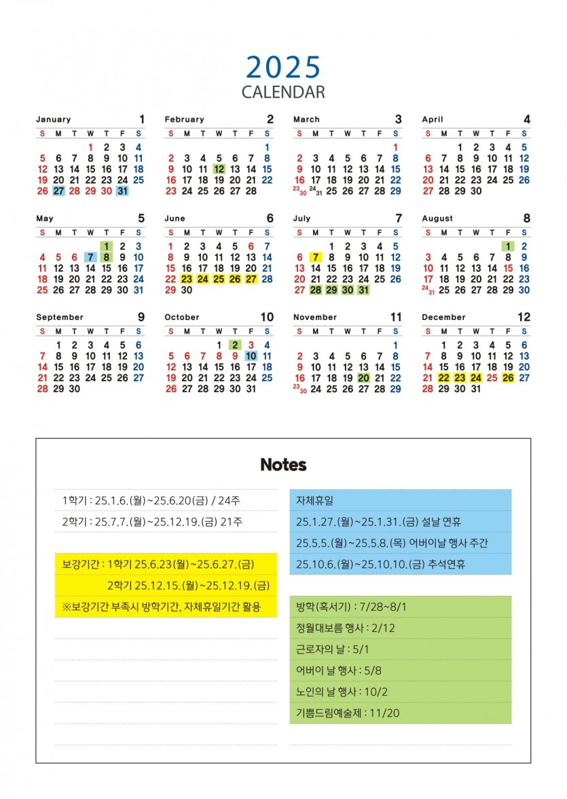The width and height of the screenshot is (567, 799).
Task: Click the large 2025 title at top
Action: [x=283, y=67]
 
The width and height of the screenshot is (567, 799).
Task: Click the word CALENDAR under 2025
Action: [x=283, y=92]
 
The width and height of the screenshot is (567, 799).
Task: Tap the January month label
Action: [x=53, y=120]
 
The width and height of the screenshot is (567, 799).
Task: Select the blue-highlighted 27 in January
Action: [x=58, y=191]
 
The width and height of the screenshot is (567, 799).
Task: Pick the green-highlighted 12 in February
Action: [x=219, y=169]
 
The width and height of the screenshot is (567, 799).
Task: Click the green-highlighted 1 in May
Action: [x=107, y=246]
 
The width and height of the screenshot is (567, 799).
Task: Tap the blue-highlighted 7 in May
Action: [x=90, y=257]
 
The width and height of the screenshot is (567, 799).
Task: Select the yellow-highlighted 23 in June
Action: [x=187, y=279]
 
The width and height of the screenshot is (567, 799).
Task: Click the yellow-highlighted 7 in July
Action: [x=315, y=257]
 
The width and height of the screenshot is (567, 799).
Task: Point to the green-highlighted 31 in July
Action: [x=363, y=290]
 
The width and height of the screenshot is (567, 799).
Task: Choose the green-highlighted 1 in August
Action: [x=508, y=246]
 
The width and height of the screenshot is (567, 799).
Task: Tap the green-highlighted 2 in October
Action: [x=235, y=345]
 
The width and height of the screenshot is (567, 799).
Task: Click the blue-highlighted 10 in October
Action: [x=251, y=356]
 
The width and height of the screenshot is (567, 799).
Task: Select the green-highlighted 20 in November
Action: [x=363, y=378]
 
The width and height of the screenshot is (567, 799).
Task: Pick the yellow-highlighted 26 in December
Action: [x=508, y=378]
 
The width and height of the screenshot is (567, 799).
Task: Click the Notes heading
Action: [x=283, y=465]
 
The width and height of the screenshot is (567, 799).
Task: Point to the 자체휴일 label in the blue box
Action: [x=315, y=500]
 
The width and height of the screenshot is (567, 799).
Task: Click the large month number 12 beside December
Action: [x=524, y=317]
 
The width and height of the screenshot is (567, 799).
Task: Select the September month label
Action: [x=60, y=317]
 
